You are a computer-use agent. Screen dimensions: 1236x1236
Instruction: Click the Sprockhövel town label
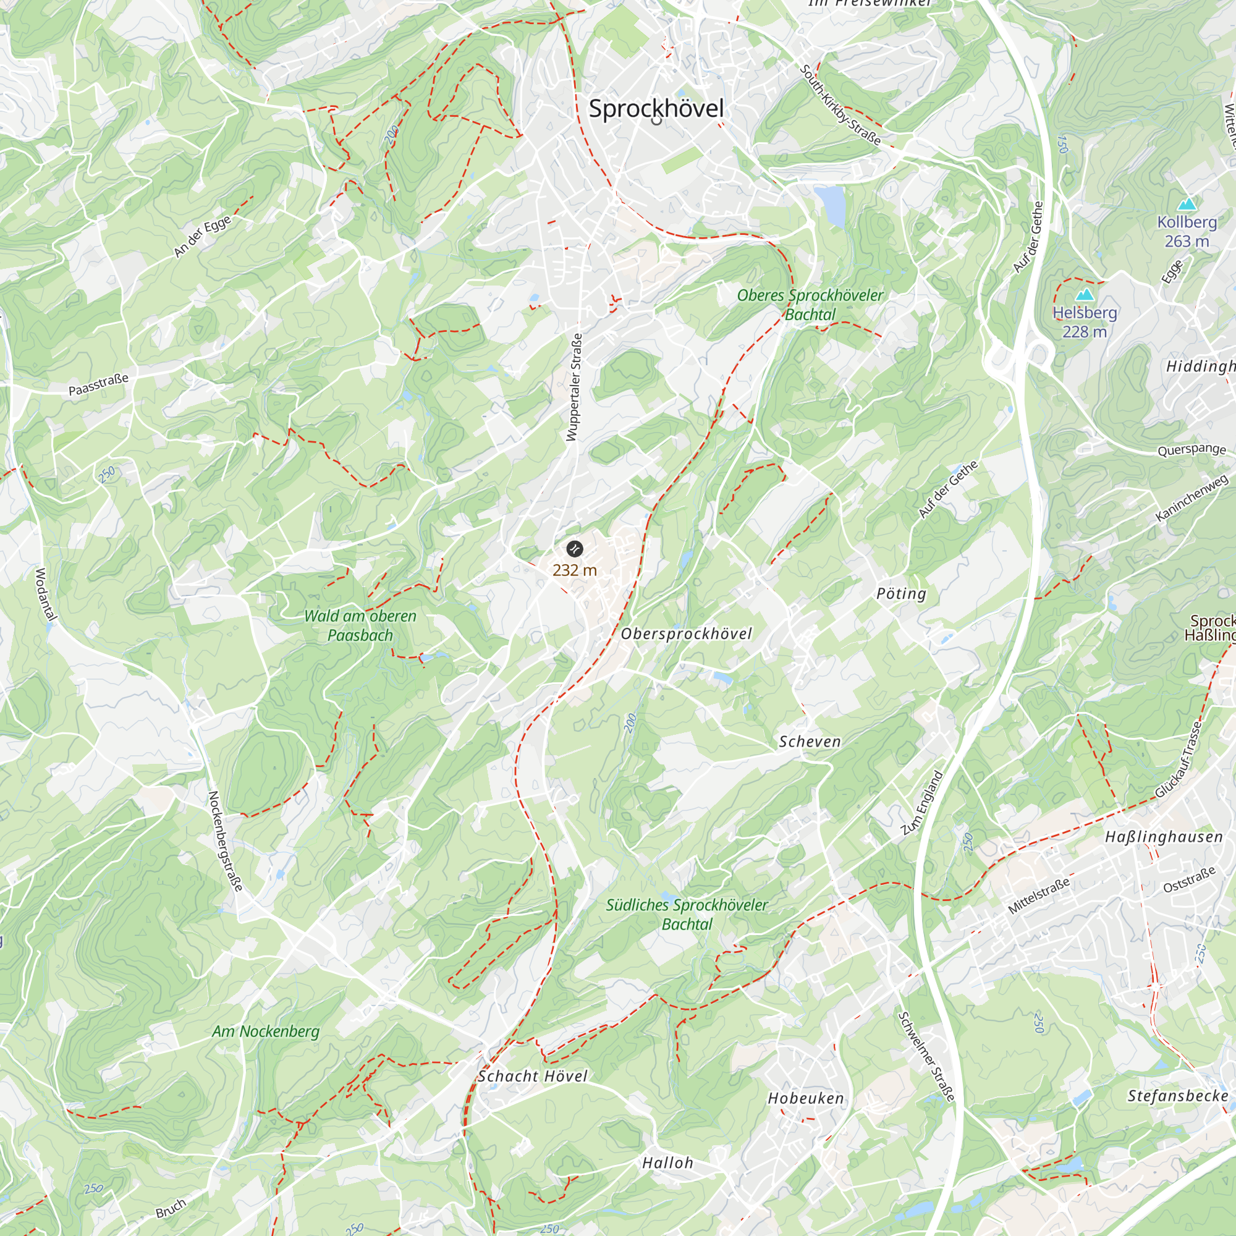pos(656,108)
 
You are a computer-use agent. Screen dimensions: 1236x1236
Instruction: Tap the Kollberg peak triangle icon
pos(1187,204)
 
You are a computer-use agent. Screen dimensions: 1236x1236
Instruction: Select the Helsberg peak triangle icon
pos(1085,295)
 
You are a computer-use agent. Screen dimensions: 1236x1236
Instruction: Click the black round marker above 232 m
pos(575,548)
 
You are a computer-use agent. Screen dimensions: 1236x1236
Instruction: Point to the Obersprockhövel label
pos(687,633)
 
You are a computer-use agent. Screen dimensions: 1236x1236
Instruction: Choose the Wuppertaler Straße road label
pos(574,387)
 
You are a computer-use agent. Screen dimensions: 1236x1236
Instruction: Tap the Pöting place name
pos(901,594)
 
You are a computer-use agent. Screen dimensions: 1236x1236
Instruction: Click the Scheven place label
pos(810,742)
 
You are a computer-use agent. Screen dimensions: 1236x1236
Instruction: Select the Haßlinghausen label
pos(1164,837)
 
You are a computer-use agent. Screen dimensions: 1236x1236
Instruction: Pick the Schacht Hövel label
pos(532,1076)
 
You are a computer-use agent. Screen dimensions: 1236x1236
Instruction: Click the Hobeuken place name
pos(805,1098)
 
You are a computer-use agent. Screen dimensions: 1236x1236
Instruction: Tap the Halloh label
pos(667,1163)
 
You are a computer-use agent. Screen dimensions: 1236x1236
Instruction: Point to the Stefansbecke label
pos(1178,1096)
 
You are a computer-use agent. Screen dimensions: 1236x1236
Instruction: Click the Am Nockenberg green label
pos(266,1031)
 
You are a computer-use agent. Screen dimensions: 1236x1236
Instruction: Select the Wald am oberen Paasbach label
pos(360,625)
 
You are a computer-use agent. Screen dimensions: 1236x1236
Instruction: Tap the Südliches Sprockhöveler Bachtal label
pos(687,914)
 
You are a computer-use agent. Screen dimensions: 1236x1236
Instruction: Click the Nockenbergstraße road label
pos(225,840)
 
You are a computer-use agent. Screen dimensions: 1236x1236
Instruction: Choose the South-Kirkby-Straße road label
pos(839,104)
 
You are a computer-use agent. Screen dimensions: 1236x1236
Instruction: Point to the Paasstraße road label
pos(98,384)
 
